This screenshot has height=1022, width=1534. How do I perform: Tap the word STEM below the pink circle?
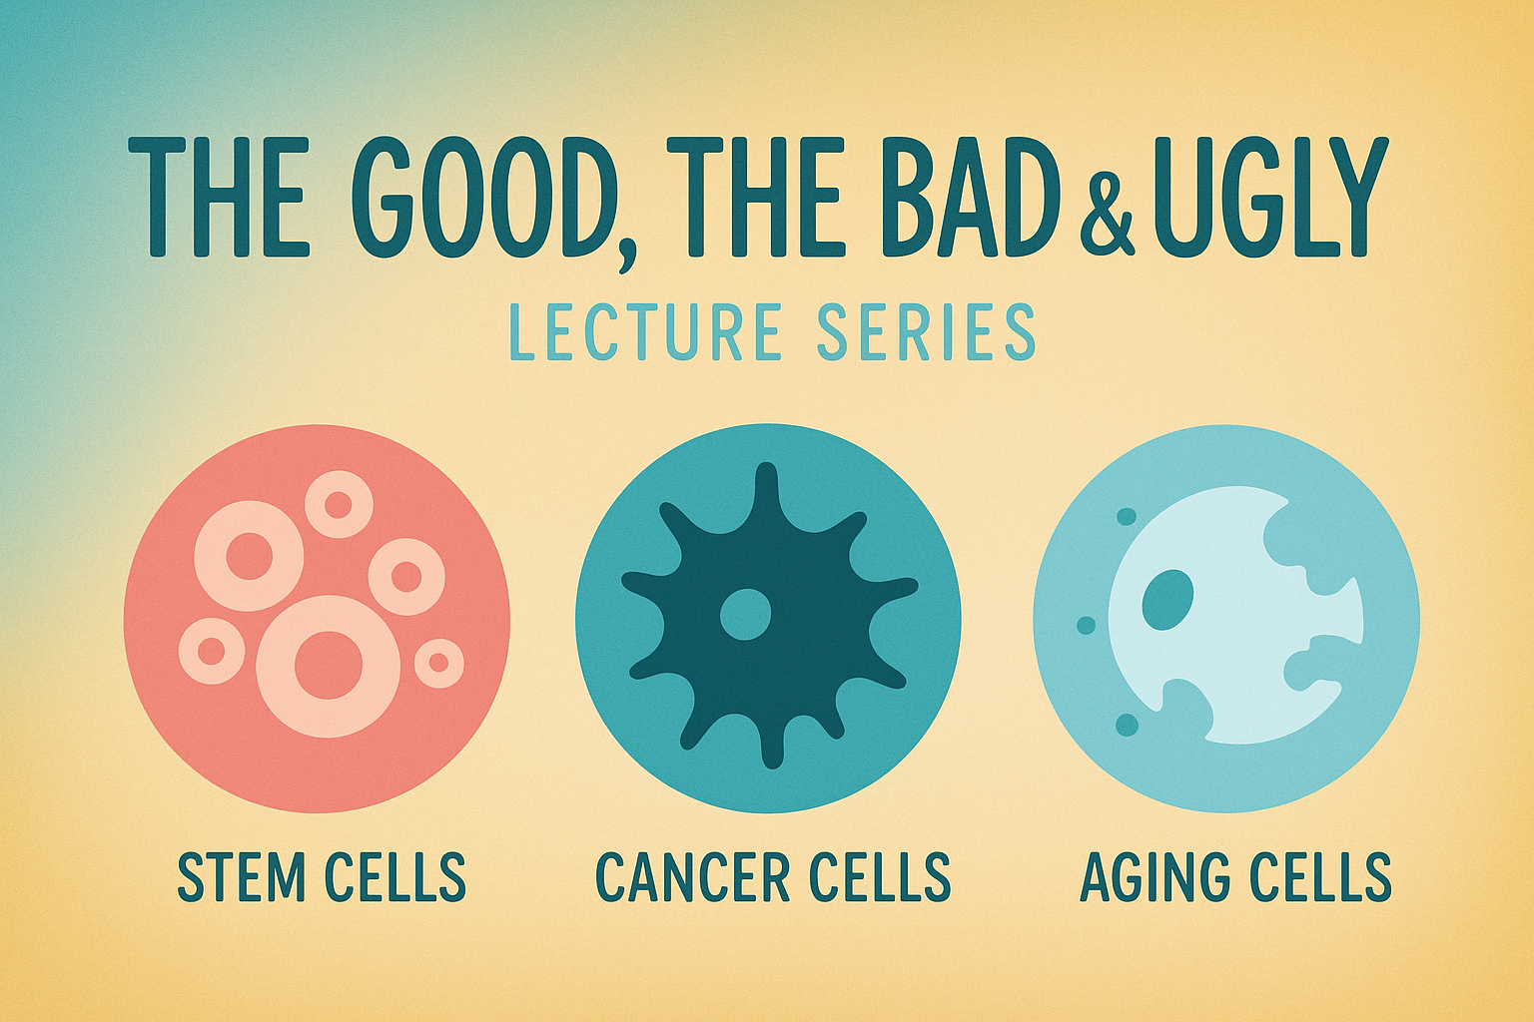[241, 876]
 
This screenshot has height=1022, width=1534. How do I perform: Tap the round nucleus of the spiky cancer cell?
[746, 614]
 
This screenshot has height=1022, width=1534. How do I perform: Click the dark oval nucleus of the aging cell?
[1168, 601]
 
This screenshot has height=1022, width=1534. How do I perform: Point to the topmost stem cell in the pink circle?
[339, 504]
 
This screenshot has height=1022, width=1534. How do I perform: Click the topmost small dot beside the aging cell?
[1126, 516]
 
